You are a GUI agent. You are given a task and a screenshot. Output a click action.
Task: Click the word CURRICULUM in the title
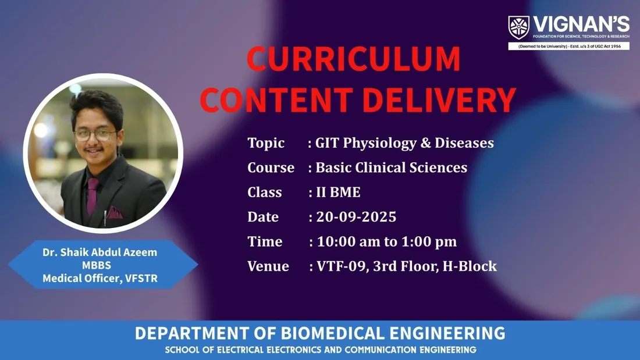click(x=354, y=59)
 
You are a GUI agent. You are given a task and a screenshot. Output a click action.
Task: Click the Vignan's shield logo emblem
click(x=518, y=27)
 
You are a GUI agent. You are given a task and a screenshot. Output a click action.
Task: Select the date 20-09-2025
click(x=356, y=217)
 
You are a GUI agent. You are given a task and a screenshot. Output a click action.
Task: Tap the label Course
click(x=271, y=167)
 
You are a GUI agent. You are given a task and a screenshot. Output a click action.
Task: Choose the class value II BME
click(x=339, y=193)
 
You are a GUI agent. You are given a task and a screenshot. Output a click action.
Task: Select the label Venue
click(x=268, y=266)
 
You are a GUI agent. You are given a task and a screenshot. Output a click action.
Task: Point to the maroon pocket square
click(x=114, y=212)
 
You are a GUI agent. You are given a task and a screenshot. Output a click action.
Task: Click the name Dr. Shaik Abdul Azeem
click(x=99, y=252)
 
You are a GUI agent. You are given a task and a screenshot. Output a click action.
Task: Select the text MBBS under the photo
click(x=97, y=265)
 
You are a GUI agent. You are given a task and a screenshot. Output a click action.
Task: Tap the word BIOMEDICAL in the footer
click(x=333, y=333)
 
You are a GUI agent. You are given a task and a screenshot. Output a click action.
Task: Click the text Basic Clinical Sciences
click(x=392, y=167)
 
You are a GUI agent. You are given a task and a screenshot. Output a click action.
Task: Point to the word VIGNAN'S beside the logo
click(x=581, y=24)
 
